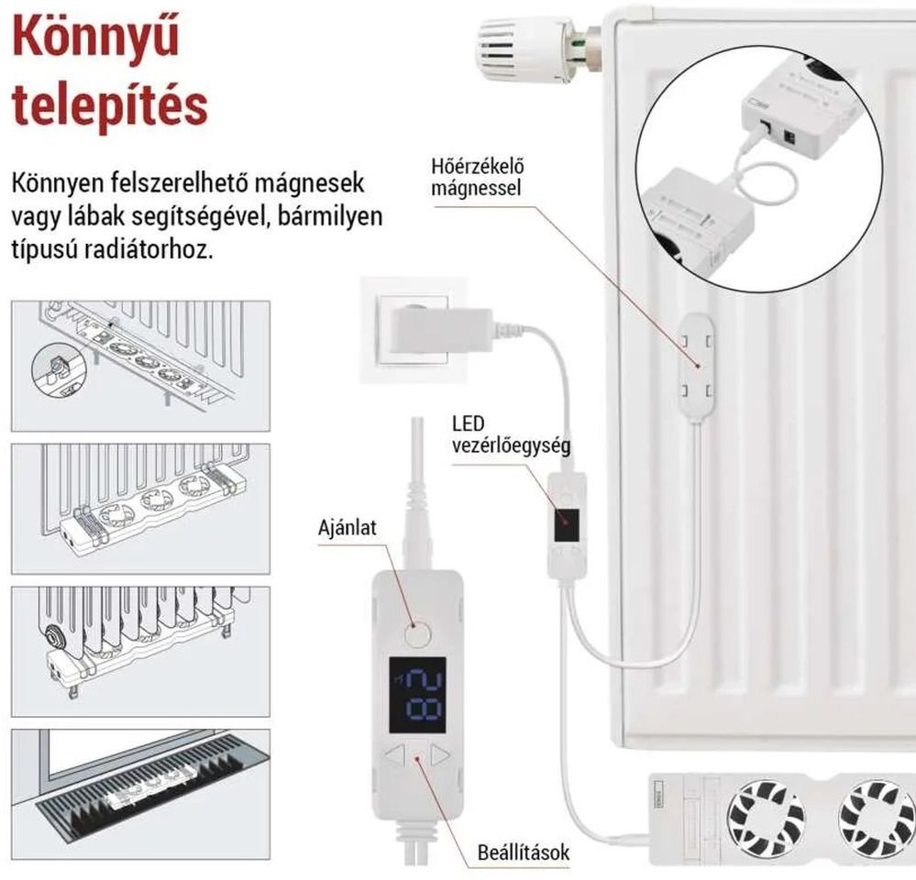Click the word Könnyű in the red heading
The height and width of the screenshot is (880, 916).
pyautogui.click(x=95, y=36)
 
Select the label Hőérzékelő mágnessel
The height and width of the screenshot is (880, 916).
pyautogui.click(x=478, y=177)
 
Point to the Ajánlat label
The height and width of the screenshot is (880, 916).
pyautogui.click(x=348, y=528)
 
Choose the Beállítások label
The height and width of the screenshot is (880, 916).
pyautogui.click(x=523, y=852)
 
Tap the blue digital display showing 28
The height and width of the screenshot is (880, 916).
pyautogui.click(x=418, y=695)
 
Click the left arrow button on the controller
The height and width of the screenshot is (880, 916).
pyautogui.click(x=395, y=755)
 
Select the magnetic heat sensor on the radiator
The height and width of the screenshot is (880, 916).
pyautogui.click(x=695, y=365)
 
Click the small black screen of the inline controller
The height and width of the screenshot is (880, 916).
pyautogui.click(x=568, y=525)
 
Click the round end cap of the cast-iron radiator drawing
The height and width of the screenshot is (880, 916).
pyautogui.click(x=56, y=635)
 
